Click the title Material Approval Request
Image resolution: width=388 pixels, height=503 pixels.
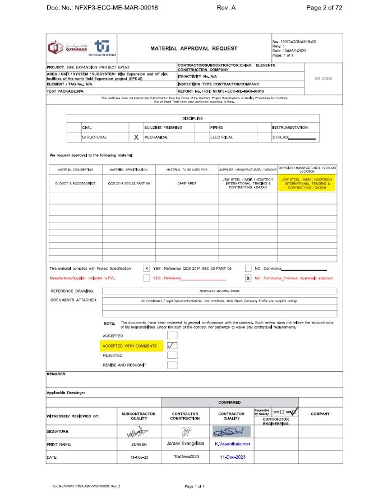193,49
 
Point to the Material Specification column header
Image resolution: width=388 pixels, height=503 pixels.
128,169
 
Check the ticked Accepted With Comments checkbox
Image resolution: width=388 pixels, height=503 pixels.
172,345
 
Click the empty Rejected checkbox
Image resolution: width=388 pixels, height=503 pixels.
172,355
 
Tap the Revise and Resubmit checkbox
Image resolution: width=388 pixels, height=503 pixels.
172,364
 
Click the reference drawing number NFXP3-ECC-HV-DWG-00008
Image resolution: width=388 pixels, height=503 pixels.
219,291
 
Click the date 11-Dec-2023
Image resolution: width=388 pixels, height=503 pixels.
232,458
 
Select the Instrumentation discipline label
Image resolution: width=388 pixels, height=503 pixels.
290,128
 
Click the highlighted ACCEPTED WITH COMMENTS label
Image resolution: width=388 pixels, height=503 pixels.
130,346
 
